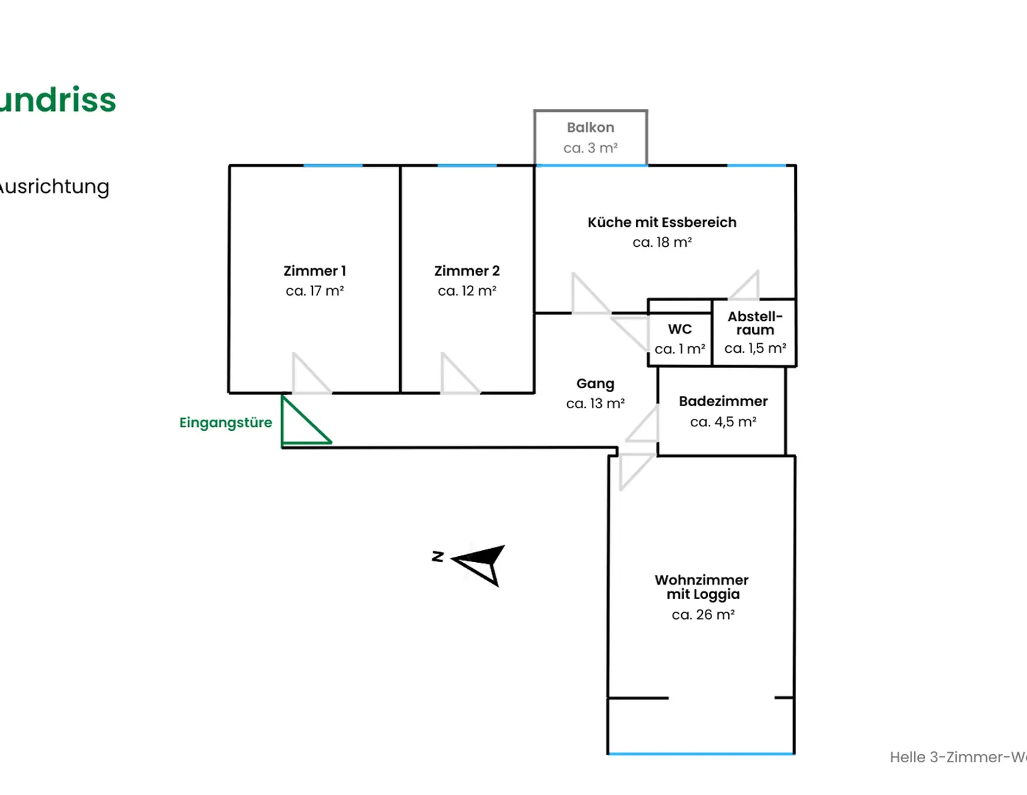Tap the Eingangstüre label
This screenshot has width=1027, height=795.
225,423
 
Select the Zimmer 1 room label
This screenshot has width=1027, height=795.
314,271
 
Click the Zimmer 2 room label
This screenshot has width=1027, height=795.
467,271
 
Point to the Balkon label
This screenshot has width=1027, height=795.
590,128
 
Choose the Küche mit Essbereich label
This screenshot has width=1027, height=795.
662,223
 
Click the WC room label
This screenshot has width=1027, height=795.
679,329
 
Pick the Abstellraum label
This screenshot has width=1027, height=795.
755,323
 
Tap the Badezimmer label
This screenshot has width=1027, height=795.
723,402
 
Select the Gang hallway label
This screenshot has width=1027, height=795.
595,384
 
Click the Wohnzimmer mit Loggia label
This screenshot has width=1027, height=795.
702,587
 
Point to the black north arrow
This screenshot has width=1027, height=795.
481,563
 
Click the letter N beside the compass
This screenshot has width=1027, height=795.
438,556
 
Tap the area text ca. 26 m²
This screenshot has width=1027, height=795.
703,615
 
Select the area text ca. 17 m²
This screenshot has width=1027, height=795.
314,291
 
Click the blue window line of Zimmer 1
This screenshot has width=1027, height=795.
333,165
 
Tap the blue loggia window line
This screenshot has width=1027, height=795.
701,754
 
